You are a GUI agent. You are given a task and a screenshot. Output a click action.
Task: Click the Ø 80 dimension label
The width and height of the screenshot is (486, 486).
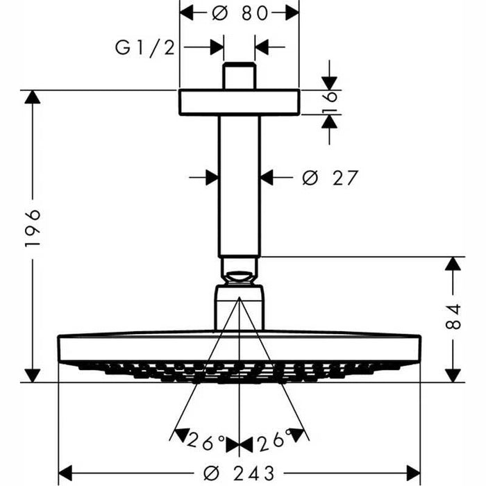(x=240, y=12)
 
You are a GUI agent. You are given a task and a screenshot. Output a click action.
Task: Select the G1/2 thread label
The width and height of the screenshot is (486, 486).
(x=144, y=47)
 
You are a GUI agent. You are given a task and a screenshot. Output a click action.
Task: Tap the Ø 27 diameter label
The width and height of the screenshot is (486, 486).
(x=330, y=178)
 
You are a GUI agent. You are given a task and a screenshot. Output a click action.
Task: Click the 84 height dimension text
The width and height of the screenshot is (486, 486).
(x=454, y=317)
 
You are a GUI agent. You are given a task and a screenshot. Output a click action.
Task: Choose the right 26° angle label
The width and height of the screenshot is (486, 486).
(x=274, y=440)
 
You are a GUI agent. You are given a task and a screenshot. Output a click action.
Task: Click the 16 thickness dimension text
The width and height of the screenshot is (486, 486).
(x=330, y=101)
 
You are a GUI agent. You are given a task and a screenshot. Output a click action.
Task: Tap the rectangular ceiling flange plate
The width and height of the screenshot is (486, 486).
(x=240, y=101)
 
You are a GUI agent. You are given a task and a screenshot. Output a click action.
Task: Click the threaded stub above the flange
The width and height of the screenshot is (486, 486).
(x=240, y=76)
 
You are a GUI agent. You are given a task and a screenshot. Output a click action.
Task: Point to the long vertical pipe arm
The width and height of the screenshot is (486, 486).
(x=240, y=184)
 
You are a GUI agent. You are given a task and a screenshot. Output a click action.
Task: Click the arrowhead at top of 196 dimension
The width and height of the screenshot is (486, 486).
(x=33, y=98)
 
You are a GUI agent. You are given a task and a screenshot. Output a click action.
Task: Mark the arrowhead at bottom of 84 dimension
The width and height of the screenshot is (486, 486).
(x=453, y=374)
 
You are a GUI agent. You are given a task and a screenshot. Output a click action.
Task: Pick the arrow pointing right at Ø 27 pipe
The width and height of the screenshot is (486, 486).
(x=210, y=178)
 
